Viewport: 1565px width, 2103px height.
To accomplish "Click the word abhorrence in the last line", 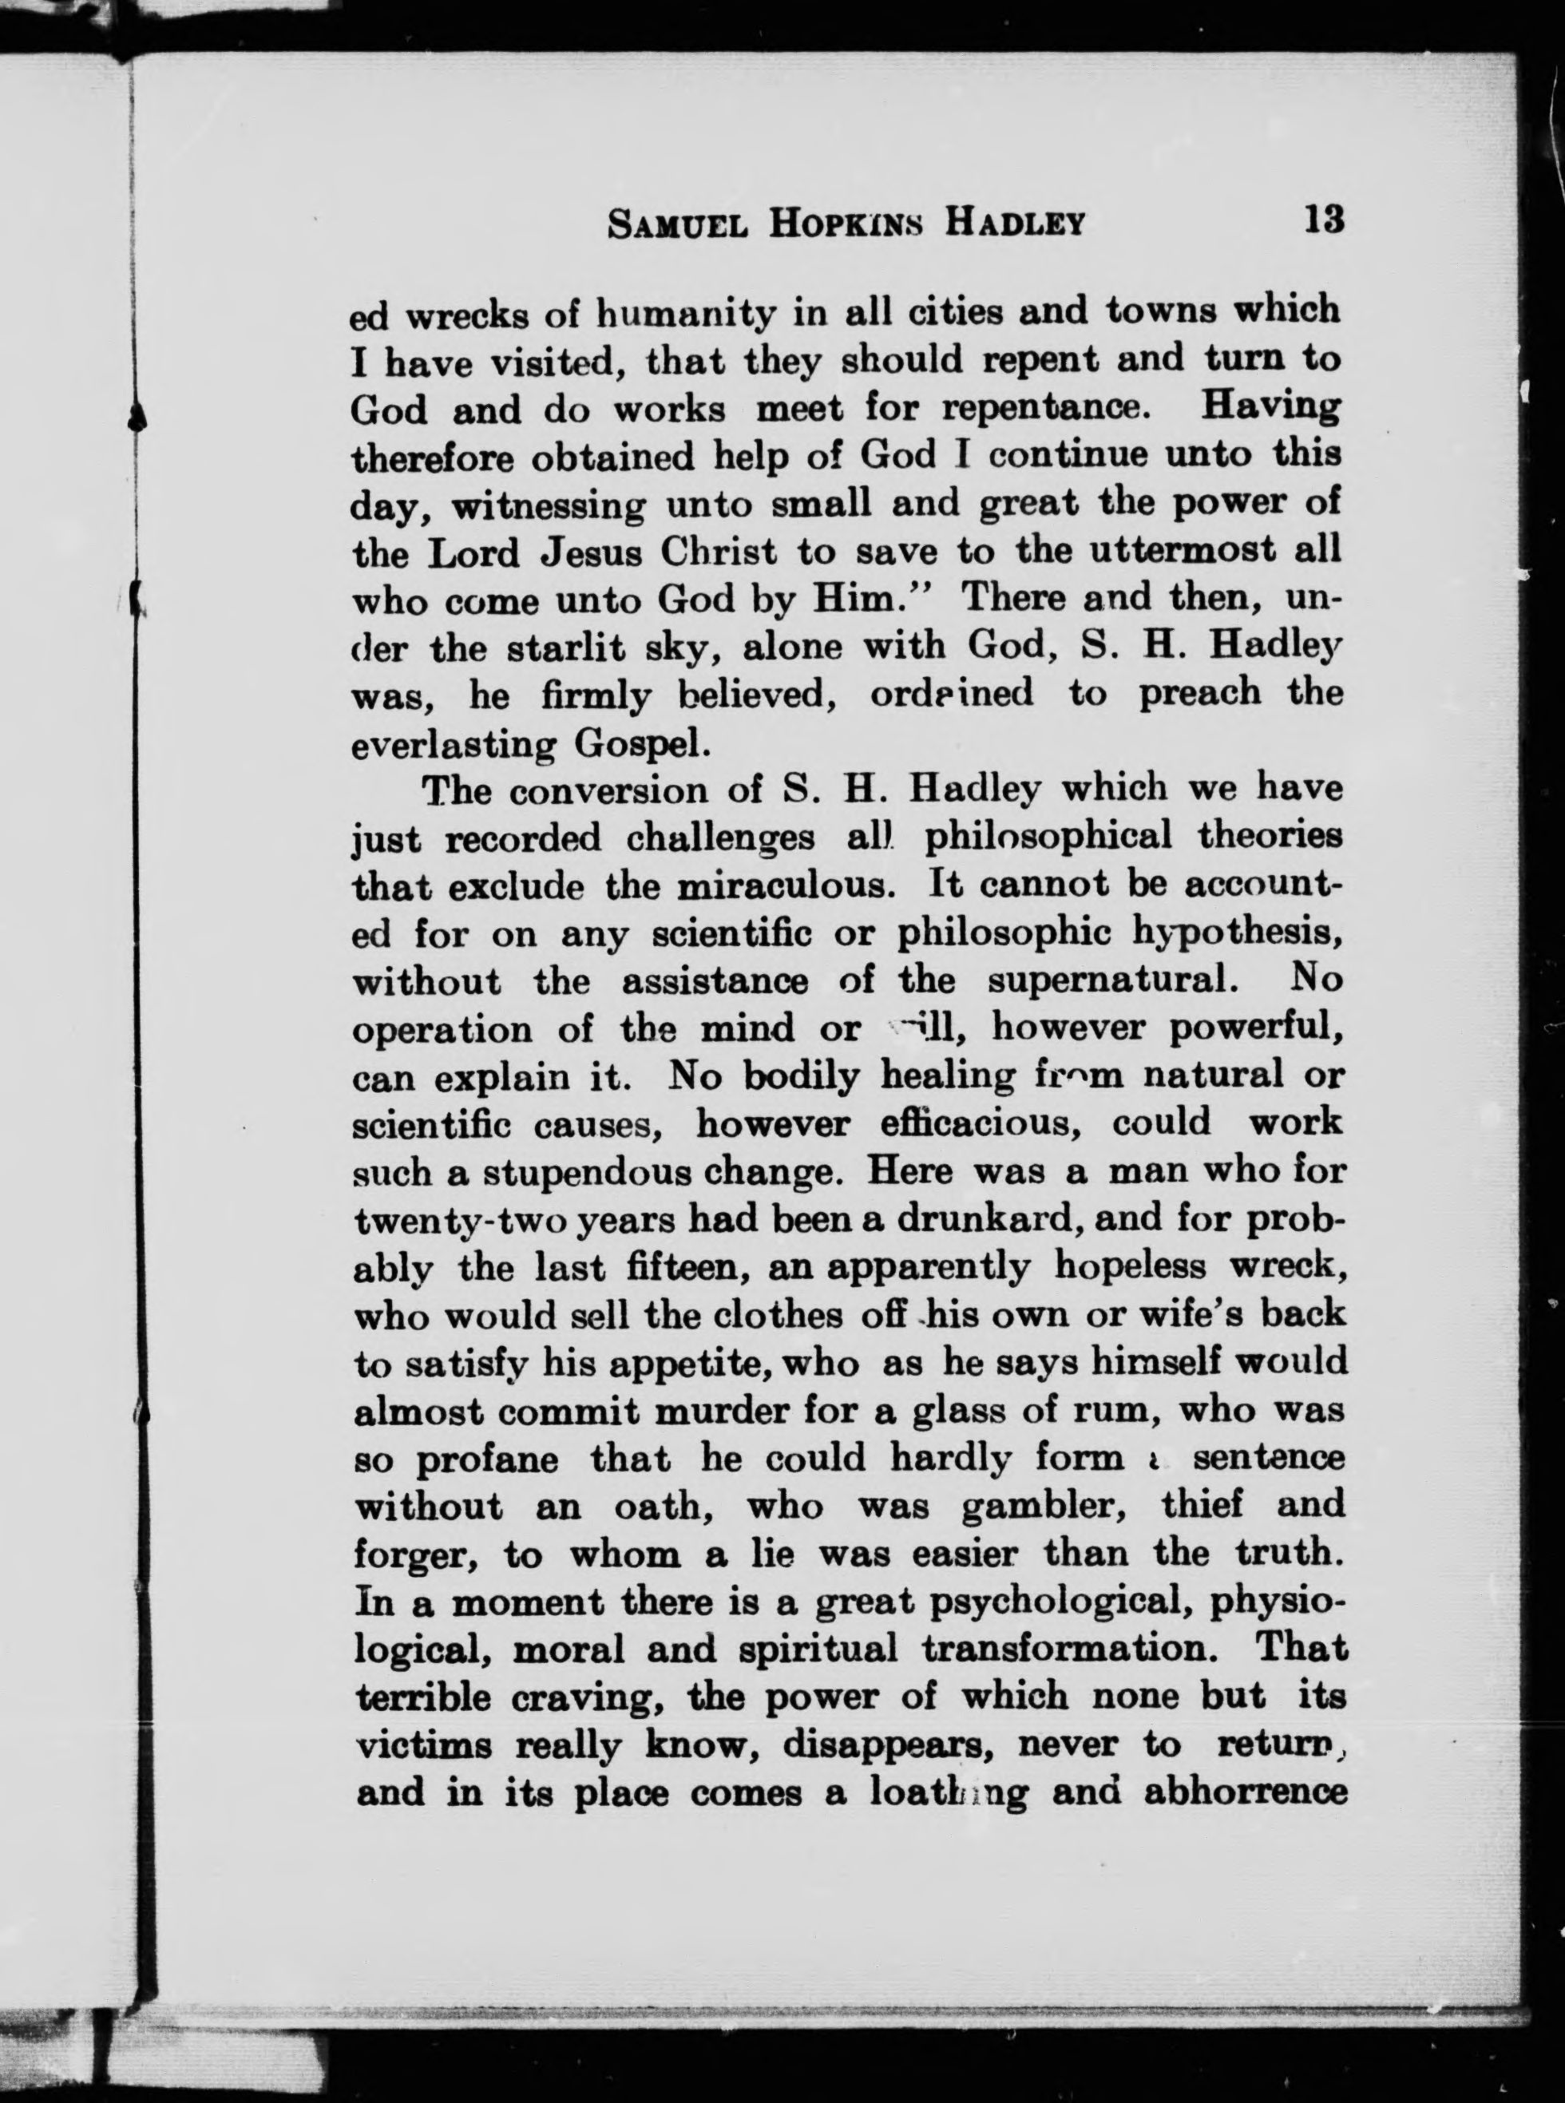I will point(1246,1794).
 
